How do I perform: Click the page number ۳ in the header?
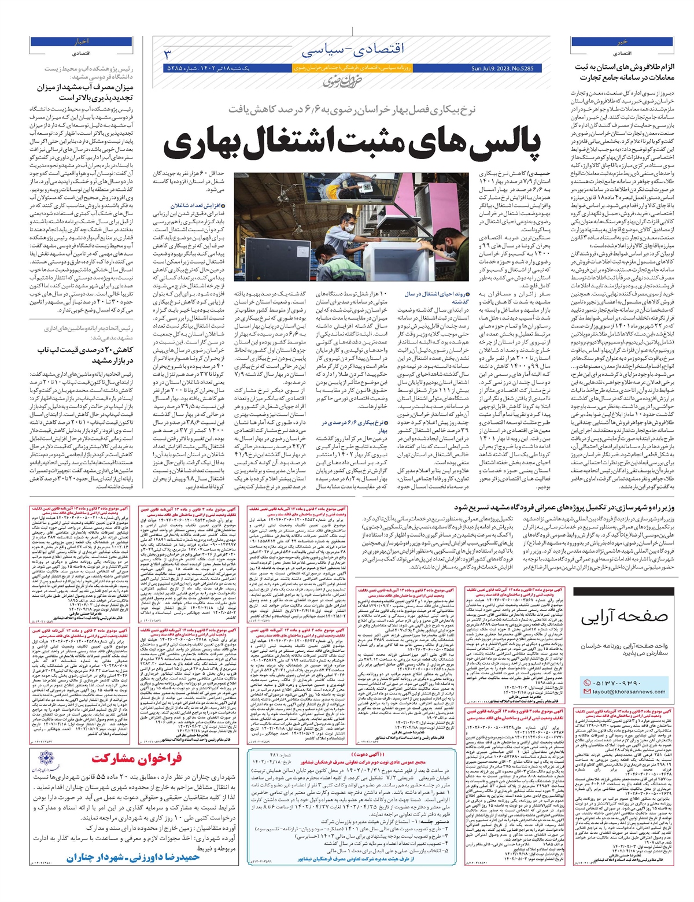[168, 54]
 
